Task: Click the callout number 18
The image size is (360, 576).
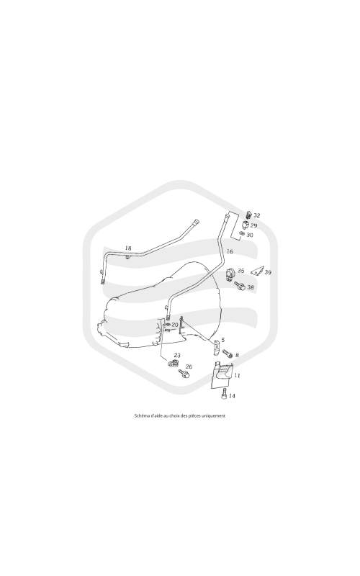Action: tap(128, 248)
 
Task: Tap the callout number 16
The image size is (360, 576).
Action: tap(230, 251)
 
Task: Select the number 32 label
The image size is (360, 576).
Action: tap(256, 215)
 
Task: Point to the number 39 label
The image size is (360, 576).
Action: tap(268, 273)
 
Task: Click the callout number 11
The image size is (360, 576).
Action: tap(237, 376)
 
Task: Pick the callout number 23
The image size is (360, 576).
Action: tap(177, 356)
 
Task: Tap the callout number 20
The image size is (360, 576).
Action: tap(175, 325)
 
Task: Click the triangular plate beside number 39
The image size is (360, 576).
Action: tap(258, 271)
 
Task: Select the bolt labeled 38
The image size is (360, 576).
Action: tap(240, 285)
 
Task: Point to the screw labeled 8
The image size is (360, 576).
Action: tap(228, 354)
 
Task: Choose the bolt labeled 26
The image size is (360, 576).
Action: tap(184, 374)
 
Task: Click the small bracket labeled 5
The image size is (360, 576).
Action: tap(217, 346)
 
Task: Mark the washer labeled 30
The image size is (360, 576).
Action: tap(241, 234)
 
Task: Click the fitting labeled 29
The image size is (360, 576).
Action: tap(246, 225)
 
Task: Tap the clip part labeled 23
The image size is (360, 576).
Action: tap(173, 364)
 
